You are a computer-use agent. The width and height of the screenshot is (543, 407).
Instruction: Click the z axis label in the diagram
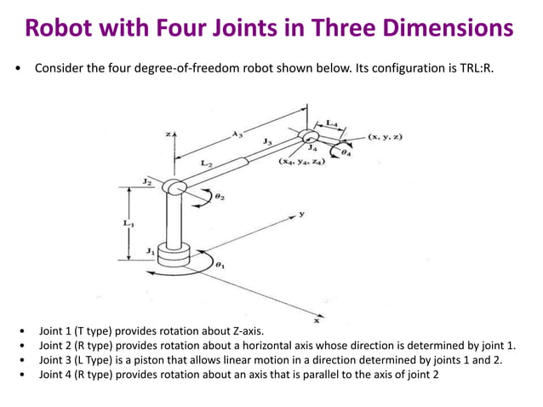tap(169, 134)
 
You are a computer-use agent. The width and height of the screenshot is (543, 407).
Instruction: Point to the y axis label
tap(301, 215)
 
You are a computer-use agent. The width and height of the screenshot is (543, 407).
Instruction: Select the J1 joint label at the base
tap(149, 250)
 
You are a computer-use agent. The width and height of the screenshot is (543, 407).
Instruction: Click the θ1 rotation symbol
tap(220, 265)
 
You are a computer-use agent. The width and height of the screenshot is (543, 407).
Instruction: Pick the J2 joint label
tap(146, 181)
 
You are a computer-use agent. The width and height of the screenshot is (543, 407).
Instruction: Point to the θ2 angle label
tap(220, 197)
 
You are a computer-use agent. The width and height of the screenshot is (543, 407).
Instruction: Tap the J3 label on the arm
tap(268, 140)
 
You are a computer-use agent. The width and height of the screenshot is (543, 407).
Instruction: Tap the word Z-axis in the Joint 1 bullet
tap(249, 330)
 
